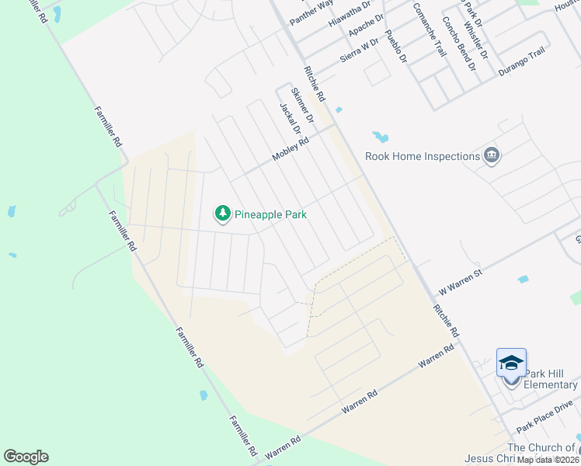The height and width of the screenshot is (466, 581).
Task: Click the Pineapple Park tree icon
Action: [x=223, y=213]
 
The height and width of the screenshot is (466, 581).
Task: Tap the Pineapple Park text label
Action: [x=271, y=214]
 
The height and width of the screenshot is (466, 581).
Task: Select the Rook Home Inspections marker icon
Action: [x=491, y=156]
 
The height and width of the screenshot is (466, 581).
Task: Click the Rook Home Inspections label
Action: [x=423, y=156]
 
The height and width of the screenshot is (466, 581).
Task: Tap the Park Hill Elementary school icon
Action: [x=511, y=363]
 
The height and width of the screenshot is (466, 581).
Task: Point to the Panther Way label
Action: [x=311, y=12]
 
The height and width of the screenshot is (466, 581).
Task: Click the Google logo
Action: [x=26, y=457]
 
